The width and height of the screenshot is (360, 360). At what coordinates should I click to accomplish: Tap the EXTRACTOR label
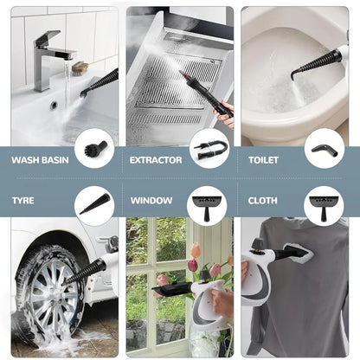click(x=156, y=160)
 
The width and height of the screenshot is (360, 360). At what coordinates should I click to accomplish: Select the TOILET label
click(x=263, y=160)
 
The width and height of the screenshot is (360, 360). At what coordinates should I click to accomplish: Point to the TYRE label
click(x=23, y=201)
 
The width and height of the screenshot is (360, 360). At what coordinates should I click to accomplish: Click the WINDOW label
click(x=151, y=201)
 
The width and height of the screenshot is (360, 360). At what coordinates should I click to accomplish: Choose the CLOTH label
click(x=262, y=201)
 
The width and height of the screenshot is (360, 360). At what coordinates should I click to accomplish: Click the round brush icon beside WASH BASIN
click(x=93, y=148)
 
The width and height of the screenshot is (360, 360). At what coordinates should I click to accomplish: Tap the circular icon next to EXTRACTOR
click(x=209, y=148)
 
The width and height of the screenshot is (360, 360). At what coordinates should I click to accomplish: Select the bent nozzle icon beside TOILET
click(x=324, y=148)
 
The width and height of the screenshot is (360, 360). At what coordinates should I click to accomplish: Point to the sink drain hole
click(x=54, y=106)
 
